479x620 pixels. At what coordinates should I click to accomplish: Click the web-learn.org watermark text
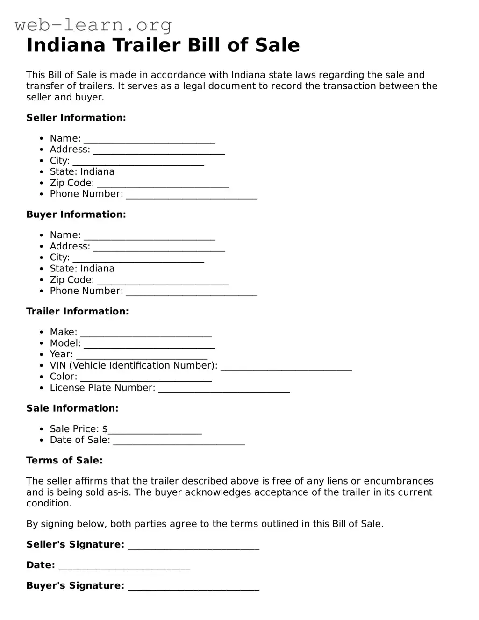tap(93, 25)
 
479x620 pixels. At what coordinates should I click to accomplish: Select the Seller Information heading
tap(76, 118)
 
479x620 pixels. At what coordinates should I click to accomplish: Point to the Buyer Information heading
tap(76, 214)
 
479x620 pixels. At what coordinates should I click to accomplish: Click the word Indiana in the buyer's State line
tap(97, 269)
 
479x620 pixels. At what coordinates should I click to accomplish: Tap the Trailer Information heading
tap(78, 311)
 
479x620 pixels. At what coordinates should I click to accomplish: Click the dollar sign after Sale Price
tap(105, 429)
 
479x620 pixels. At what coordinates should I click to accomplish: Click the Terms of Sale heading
tap(64, 460)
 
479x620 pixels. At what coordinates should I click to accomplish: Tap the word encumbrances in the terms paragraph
tap(399, 481)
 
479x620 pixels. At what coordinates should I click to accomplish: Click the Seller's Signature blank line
tap(193, 547)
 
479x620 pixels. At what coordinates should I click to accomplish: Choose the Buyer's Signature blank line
tap(193, 588)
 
